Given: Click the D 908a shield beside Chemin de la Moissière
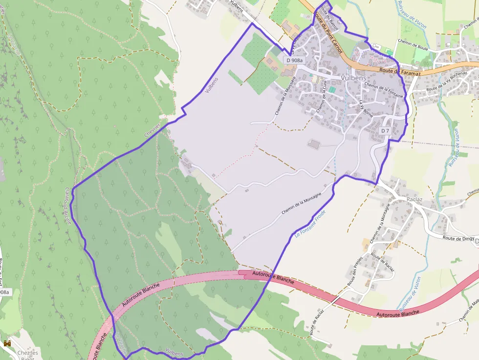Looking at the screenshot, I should pos(295,60).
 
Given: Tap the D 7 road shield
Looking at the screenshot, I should pos(386,131).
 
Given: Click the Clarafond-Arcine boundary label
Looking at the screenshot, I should pos(68,206).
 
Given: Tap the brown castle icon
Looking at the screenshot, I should pos(7,344).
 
